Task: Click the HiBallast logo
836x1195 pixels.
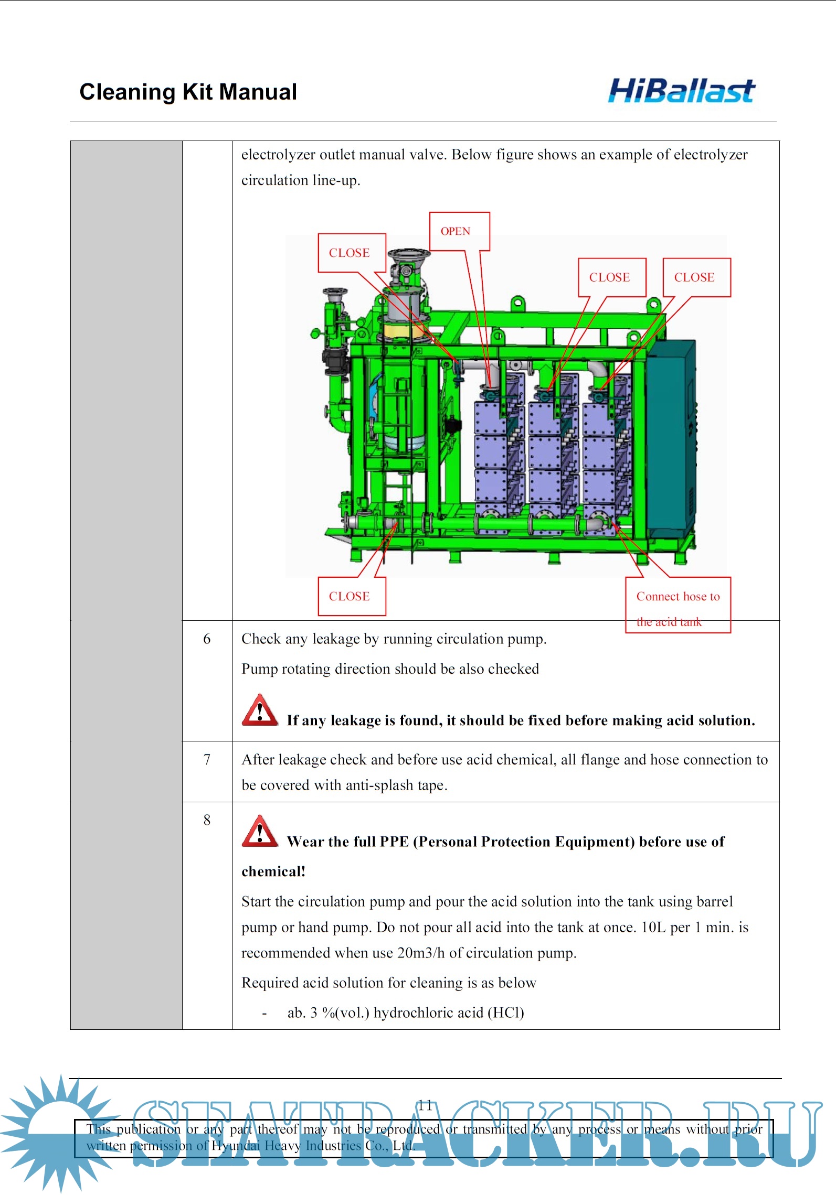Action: click(x=681, y=91)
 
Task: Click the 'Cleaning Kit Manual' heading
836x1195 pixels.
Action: click(x=188, y=92)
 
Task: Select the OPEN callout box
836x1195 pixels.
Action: click(x=459, y=231)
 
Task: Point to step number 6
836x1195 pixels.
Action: click(x=207, y=639)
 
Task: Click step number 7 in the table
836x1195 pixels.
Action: click(x=207, y=759)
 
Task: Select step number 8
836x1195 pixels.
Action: click(x=207, y=820)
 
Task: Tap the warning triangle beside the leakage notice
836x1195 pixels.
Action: click(x=259, y=710)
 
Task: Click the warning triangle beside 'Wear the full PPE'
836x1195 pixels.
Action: click(x=259, y=832)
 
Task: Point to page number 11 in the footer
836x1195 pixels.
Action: click(x=425, y=1105)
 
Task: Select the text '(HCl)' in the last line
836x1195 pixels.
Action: click(x=506, y=1013)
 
